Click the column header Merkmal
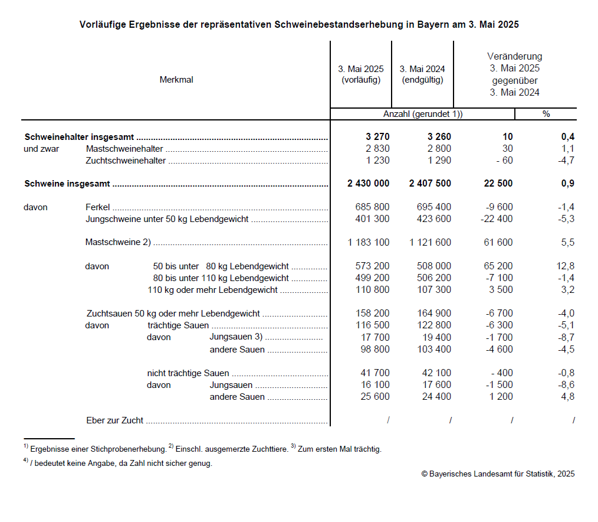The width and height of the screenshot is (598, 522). tap(176, 80)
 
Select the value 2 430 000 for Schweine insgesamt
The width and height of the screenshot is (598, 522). tap(368, 184)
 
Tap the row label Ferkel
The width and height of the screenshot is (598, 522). tap(98, 207)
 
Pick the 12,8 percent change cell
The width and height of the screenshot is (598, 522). tap(564, 266)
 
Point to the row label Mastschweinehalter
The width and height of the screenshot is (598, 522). tap(124, 149)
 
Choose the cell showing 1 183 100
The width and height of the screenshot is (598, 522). tap(368, 243)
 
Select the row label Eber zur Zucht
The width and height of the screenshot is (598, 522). tap(115, 420)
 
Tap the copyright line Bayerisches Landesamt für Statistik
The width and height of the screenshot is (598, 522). tap(498, 474)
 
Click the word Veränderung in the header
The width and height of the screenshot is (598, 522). tap(514, 57)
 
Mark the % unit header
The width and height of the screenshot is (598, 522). tap(546, 114)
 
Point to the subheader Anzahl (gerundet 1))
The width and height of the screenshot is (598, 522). tap(423, 114)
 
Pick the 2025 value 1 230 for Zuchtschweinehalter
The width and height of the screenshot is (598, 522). tap(377, 161)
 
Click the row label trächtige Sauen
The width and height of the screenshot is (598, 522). tap(178, 326)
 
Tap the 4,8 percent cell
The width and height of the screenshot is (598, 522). tap(567, 397)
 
